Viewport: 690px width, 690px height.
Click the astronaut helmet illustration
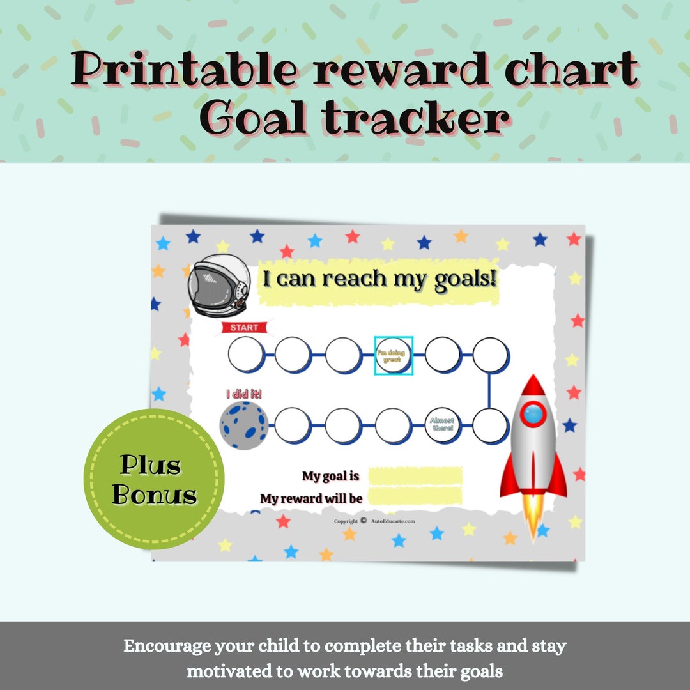click(x=218, y=286)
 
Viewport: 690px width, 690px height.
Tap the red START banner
click(x=245, y=328)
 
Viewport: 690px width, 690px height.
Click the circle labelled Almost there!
click(x=442, y=424)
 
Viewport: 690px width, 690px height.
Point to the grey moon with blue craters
click(x=243, y=425)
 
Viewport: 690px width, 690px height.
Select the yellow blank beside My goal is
click(x=415, y=476)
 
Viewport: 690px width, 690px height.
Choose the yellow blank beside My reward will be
click(x=415, y=496)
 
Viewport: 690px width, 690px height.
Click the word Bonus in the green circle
click(x=155, y=496)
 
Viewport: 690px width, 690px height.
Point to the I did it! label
click(x=244, y=394)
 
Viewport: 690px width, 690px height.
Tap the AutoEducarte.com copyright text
click(x=392, y=521)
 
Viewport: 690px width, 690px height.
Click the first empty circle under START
click(x=245, y=354)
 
